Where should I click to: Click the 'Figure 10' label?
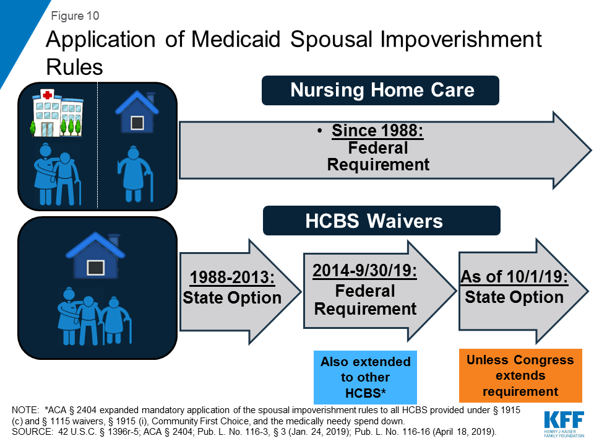75,15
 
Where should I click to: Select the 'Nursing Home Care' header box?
381,90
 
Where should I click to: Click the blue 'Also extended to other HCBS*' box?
365,377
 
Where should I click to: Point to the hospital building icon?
56,112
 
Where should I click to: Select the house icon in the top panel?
137,113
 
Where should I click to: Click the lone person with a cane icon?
136,176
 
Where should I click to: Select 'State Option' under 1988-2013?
232,298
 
